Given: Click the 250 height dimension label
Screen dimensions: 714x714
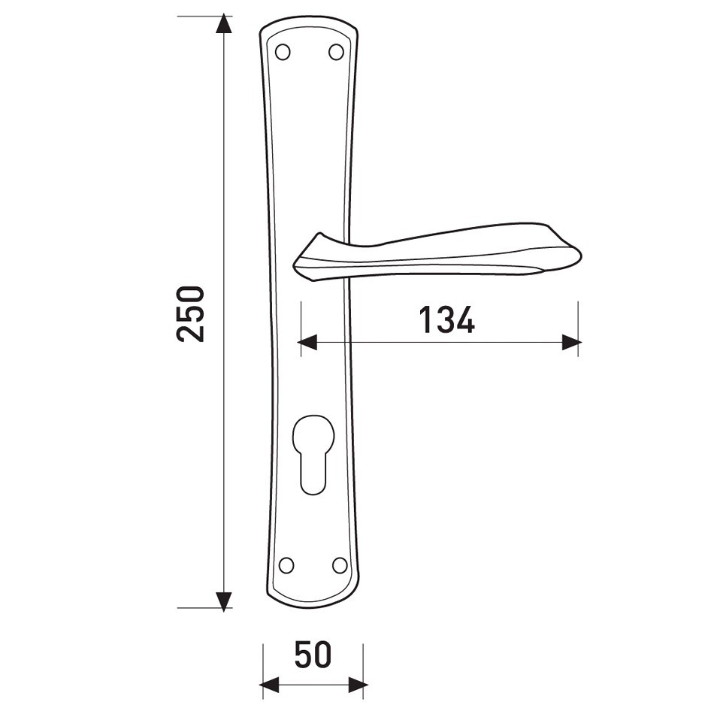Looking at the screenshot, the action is coord(190,313).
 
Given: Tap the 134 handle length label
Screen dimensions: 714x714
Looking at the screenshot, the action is coord(446,319).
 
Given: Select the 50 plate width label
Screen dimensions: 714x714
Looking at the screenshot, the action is coord(313,655).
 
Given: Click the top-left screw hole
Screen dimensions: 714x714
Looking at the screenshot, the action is coord(283,52).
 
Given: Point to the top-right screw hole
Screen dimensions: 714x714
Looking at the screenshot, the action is coord(336,52).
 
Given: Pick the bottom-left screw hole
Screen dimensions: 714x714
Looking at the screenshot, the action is coord(286,565).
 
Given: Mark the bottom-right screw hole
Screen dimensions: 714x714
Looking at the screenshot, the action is coord(339,565).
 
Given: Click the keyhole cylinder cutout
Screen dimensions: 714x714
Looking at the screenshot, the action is coord(313,454).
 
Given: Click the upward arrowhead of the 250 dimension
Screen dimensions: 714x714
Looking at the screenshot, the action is coord(222,24).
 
